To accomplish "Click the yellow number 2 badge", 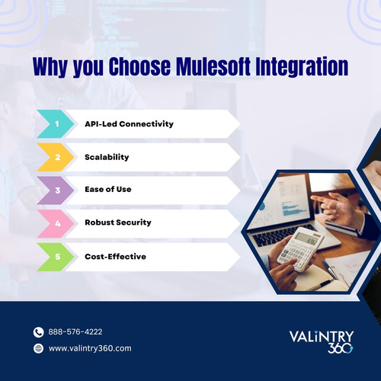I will [56, 157].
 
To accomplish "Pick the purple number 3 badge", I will [56, 190].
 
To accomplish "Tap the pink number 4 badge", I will [56, 223].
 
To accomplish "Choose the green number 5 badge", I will [56, 256].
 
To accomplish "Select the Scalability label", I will [107, 157].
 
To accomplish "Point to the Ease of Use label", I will [108, 190].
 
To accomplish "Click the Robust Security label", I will [118, 223].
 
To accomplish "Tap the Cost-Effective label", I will [116, 257].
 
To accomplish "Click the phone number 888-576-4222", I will [75, 332].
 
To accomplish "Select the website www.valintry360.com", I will [90, 348].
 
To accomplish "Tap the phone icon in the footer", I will [39, 332].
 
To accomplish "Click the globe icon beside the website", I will [39, 348].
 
